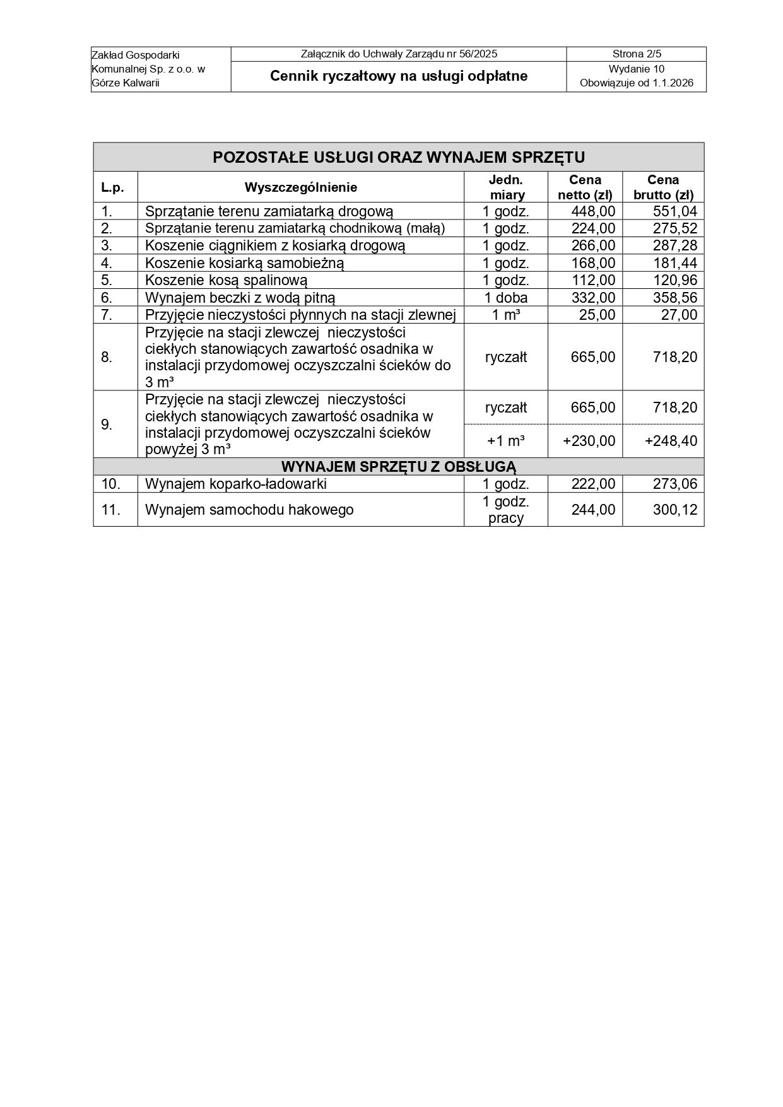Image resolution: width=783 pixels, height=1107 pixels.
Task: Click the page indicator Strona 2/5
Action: click(636, 54)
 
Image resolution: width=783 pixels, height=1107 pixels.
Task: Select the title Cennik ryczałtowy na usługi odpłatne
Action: click(399, 76)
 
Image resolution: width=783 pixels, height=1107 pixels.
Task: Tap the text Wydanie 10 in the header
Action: click(636, 69)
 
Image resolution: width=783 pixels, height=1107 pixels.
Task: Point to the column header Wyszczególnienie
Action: click(301, 187)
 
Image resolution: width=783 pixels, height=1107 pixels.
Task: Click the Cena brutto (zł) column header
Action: click(663, 187)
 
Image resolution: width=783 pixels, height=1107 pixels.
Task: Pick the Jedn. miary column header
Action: click(506, 187)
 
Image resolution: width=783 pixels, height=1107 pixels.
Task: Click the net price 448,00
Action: click(592, 211)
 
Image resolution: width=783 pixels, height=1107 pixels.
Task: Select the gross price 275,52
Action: click(675, 228)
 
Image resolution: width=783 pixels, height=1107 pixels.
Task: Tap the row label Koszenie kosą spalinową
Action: click(227, 280)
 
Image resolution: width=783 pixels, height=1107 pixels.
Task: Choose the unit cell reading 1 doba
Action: click(506, 298)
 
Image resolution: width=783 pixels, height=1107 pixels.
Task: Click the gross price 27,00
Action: click(679, 315)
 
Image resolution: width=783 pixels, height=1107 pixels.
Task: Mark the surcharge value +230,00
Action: click(589, 441)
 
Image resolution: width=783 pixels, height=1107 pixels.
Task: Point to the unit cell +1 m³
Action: click(506, 441)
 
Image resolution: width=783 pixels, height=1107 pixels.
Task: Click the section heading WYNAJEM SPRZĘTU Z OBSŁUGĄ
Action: click(399, 467)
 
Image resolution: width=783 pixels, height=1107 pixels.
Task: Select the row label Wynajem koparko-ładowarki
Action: click(236, 484)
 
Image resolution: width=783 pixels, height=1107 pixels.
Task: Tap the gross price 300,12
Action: click(675, 510)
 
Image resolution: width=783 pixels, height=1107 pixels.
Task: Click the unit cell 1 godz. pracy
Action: click(506, 510)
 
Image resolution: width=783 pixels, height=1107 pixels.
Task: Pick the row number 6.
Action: click(107, 298)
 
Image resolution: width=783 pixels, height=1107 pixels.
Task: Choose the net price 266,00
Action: click(592, 245)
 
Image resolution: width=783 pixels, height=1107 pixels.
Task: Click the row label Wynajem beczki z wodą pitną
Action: click(240, 298)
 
